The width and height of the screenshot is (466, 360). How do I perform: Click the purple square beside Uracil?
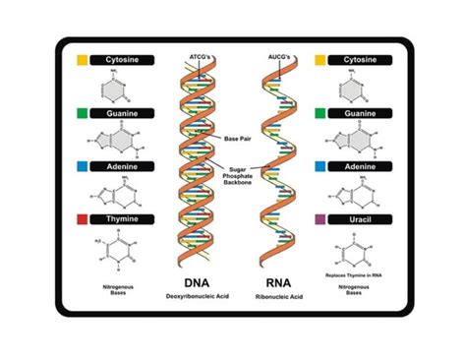[320, 218]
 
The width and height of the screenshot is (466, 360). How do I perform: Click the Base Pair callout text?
[238, 138]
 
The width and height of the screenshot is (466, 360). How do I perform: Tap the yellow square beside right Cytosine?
[320, 61]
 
